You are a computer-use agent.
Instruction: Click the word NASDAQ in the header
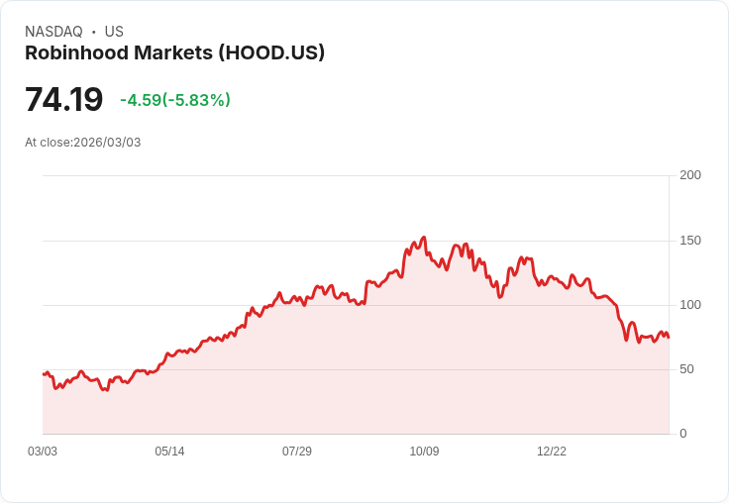pos(53,32)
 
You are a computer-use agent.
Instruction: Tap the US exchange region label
pos(114,32)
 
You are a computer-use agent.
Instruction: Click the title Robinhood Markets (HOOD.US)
pos(174,53)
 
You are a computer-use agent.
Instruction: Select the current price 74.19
pos(63,100)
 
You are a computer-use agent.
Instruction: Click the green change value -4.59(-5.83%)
pos(175,100)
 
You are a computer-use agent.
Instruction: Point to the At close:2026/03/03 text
pos(83,143)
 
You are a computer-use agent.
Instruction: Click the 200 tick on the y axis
pos(690,175)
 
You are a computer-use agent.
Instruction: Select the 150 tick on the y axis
pos(690,241)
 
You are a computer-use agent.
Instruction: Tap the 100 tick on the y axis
pos(690,305)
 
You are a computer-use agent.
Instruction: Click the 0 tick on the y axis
pos(683,434)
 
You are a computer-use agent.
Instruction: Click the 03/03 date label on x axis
pos(43,452)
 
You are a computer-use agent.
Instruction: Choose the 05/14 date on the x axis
pos(169,452)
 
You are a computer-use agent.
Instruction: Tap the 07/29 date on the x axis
pos(297,452)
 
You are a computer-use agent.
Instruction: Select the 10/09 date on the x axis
pos(424,452)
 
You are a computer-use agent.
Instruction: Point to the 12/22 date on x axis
pos(552,452)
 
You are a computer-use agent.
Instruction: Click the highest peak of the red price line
pos(424,238)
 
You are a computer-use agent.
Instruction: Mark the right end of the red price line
pos(669,338)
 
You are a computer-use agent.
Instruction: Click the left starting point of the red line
pos(44,374)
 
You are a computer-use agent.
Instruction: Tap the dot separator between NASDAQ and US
pos(94,32)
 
